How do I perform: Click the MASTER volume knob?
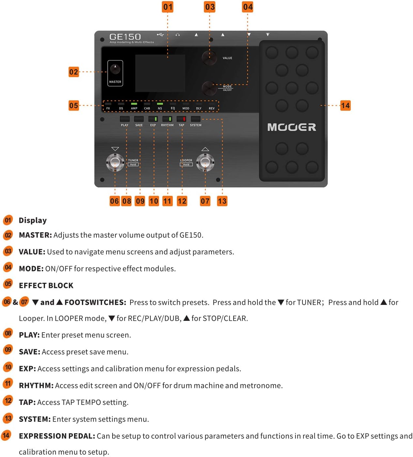coord(115,69)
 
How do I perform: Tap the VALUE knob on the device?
coord(209,58)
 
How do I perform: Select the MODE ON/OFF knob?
coord(209,88)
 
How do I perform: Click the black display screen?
coord(160,73)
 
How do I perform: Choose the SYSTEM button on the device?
coord(195,119)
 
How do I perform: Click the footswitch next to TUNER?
coord(115,163)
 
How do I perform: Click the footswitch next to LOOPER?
coord(205,163)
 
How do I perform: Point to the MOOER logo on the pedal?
coord(291,127)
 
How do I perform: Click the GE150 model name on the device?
coord(125,37)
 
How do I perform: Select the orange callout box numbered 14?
coord(345,106)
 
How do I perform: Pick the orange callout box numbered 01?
coord(167,7)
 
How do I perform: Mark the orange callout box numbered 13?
coord(222,201)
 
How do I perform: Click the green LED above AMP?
coord(134,104)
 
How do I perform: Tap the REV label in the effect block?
coord(211,108)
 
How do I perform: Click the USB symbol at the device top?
coord(160,35)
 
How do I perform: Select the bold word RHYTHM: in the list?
coord(36,385)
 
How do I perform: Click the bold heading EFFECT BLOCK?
coord(46,285)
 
